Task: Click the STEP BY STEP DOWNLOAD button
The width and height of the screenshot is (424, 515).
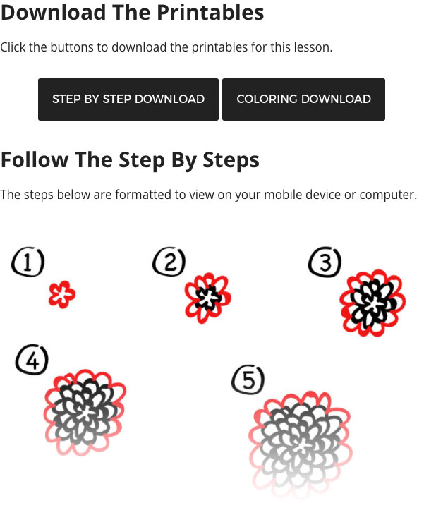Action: (128, 99)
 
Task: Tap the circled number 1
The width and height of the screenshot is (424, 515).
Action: (28, 262)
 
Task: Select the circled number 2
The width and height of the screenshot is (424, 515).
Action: (169, 262)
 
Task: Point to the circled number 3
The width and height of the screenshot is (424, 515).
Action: (325, 262)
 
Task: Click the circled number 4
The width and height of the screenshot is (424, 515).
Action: (32, 360)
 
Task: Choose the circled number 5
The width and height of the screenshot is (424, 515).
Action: (248, 380)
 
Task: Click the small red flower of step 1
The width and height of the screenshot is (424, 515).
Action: (62, 294)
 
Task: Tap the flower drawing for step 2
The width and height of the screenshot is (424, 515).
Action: (208, 298)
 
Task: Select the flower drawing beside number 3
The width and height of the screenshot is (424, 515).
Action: (372, 303)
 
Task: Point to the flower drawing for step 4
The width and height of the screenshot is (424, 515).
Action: (85, 413)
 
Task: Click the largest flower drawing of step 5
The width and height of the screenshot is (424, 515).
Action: (300, 444)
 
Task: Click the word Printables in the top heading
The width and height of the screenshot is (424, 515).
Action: (210, 13)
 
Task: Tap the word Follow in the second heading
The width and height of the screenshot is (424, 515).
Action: (35, 160)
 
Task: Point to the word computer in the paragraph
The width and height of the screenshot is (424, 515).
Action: (388, 195)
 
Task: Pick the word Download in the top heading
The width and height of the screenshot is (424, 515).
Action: (53, 13)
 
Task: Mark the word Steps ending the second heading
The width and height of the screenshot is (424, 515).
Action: (231, 161)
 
